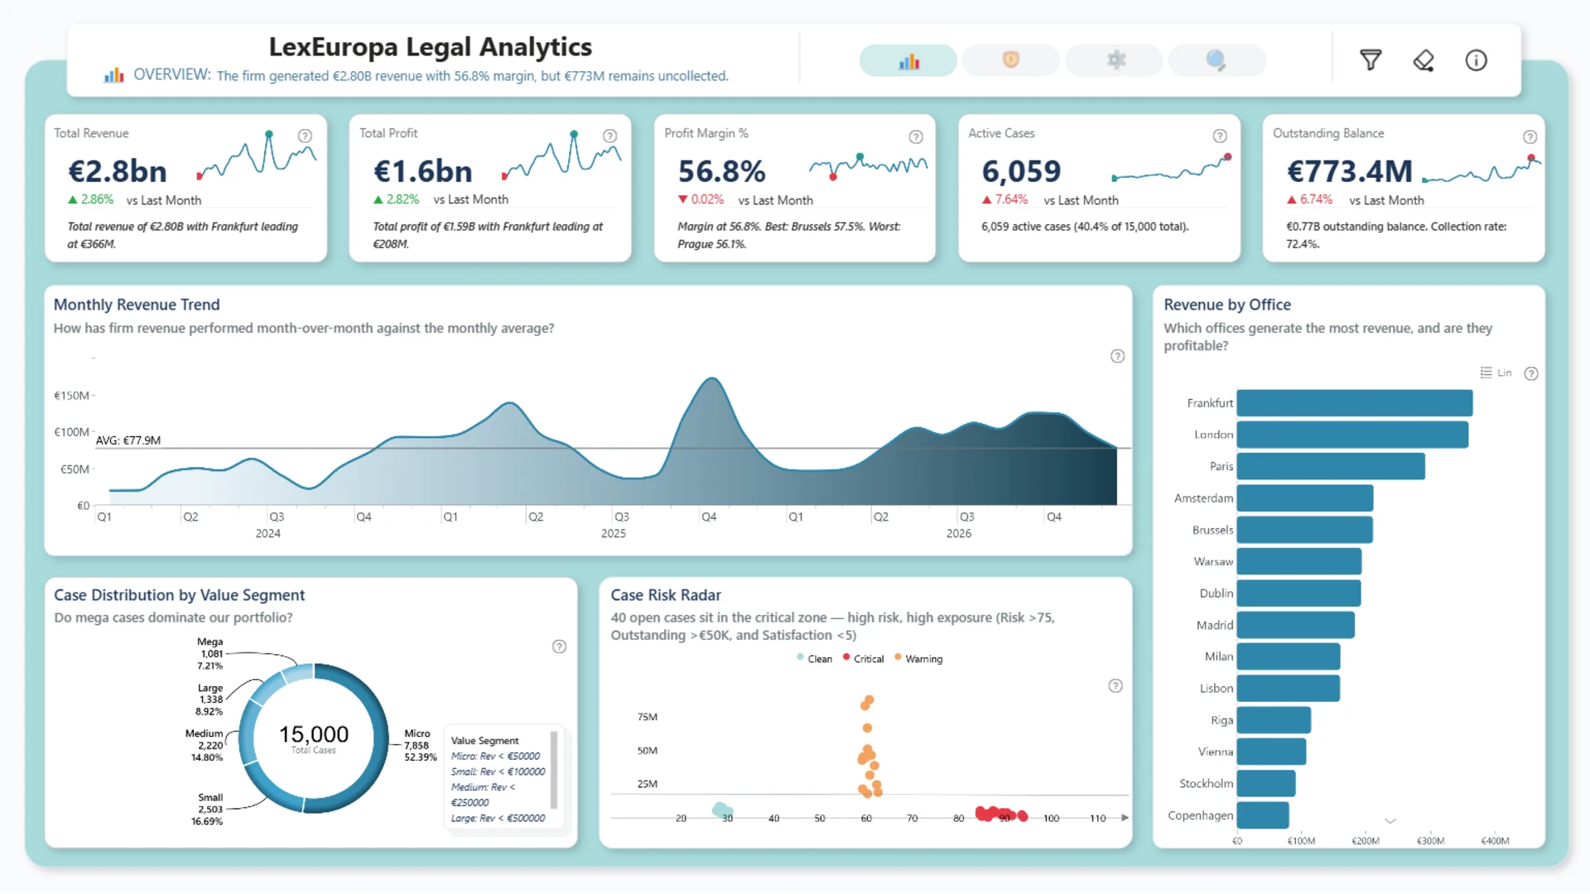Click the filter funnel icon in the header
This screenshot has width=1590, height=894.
click(x=1371, y=60)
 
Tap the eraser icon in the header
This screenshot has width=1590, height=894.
click(x=1424, y=60)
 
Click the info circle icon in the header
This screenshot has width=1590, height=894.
click(x=1476, y=60)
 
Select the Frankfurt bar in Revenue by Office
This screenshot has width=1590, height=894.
click(x=1355, y=403)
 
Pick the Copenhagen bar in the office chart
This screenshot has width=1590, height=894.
click(x=1263, y=815)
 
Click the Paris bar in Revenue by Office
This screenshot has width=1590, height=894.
click(x=1331, y=466)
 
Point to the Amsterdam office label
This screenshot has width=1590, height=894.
click(x=1203, y=498)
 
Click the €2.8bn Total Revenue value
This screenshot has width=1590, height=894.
click(x=118, y=171)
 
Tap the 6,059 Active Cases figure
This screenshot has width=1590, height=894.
click(x=1021, y=171)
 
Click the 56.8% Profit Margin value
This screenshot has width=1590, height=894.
click(x=721, y=171)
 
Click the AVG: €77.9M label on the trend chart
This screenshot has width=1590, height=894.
click(x=128, y=440)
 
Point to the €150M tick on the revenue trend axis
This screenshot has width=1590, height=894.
click(x=71, y=396)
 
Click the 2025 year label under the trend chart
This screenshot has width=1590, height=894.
click(x=614, y=534)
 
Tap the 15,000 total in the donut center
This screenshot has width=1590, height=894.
click(x=314, y=734)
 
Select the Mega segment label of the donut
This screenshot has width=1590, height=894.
click(x=210, y=642)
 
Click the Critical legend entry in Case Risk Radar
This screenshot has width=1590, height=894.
click(x=863, y=659)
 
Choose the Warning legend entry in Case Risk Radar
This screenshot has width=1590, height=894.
click(x=918, y=659)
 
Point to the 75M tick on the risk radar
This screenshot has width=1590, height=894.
click(x=648, y=717)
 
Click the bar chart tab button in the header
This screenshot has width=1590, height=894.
click(x=908, y=60)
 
